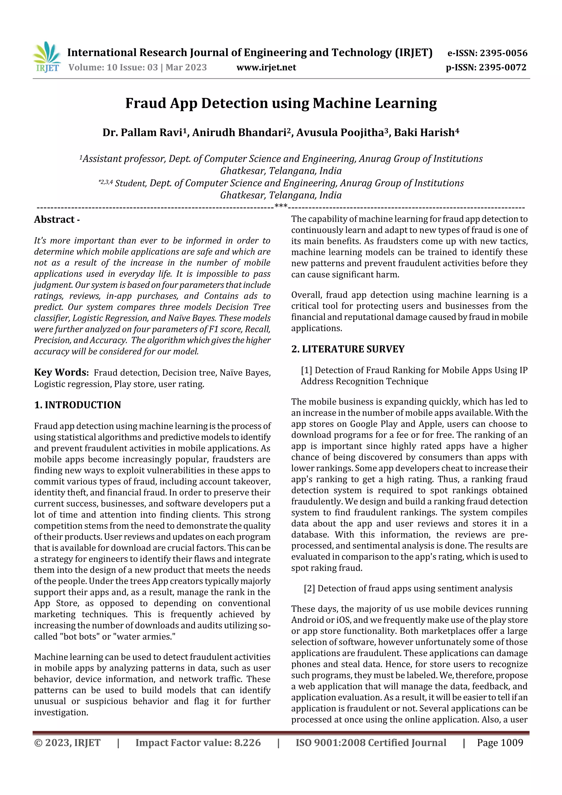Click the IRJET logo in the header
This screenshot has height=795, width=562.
46,57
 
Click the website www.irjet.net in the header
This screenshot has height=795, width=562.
266,67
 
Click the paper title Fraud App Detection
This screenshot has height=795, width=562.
281,103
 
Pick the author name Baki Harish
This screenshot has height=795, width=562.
426,132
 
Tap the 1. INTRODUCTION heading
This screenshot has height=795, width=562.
78,405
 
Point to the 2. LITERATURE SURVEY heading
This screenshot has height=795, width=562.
348,349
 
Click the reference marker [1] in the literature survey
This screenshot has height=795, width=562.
307,370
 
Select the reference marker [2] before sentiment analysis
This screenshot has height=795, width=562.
309,588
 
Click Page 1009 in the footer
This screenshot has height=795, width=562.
500,743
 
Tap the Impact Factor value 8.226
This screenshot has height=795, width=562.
247,743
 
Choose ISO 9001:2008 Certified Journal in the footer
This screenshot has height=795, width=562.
370,743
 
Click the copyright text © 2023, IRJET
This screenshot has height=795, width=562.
67,743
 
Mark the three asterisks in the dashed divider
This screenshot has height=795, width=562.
281,206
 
